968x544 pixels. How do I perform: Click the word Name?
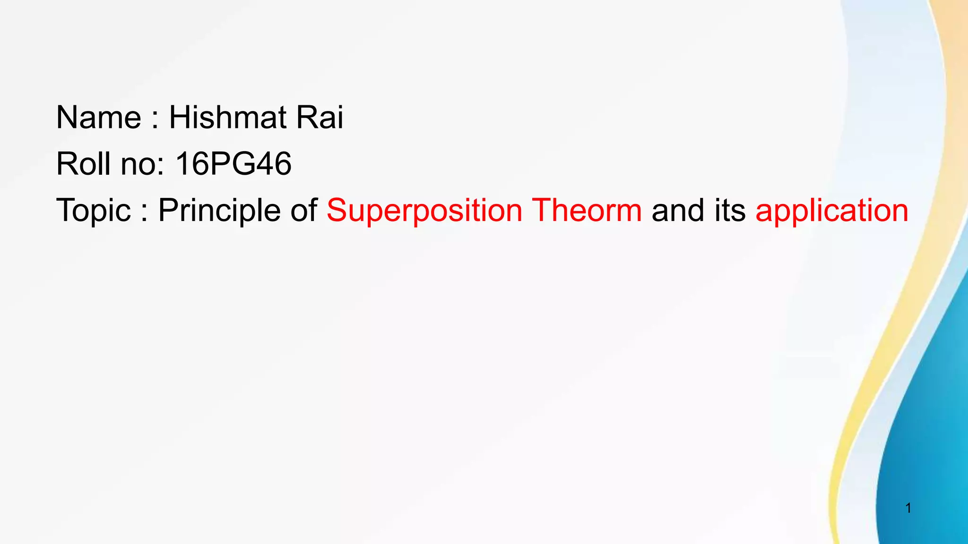tap(98, 117)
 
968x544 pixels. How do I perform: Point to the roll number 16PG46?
tap(233, 164)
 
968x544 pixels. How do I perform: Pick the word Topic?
tap(93, 211)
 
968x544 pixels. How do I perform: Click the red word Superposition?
tap(424, 211)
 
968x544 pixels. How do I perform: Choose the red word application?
tap(832, 211)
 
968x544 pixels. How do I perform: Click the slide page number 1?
tap(908, 508)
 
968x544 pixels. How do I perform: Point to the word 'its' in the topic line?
tap(730, 211)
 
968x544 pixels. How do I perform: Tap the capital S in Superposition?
tap(337, 210)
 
